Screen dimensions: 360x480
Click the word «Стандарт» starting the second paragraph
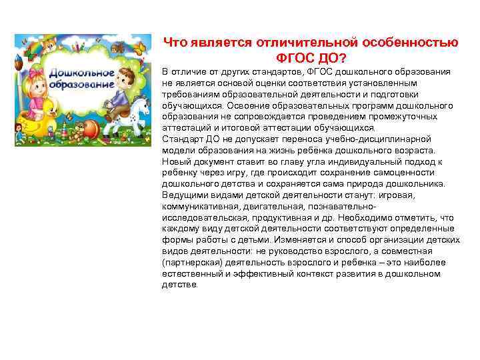pos(181,139)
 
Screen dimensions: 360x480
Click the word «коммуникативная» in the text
pos(198,206)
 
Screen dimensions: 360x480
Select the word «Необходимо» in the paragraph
pos(373,217)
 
